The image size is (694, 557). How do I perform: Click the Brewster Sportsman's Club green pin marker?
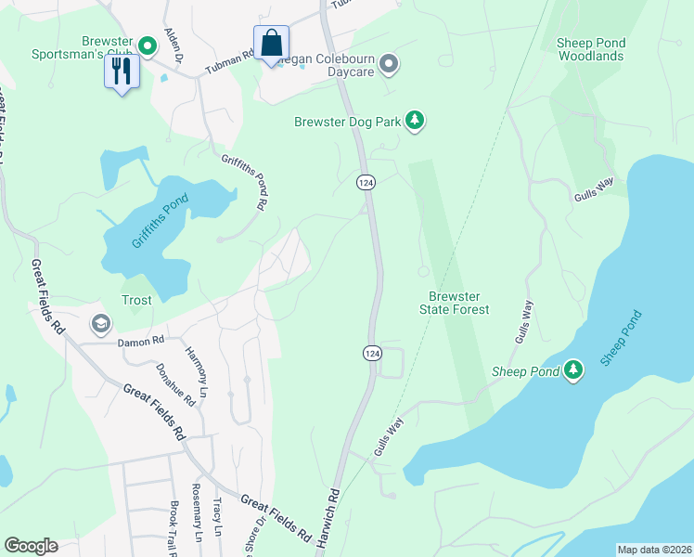coord(147,45)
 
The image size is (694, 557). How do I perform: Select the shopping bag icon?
coord(271,43)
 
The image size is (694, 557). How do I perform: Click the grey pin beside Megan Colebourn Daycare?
coord(389,64)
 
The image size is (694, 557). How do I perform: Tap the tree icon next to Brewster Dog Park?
coord(415,121)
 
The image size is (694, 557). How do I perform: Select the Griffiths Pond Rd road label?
coord(245,180)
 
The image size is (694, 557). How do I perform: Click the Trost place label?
coord(136,301)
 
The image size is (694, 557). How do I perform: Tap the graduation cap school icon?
coord(100,324)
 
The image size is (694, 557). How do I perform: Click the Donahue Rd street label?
coord(175,384)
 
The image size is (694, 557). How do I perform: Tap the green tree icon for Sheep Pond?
coord(573,371)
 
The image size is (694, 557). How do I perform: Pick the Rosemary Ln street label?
coord(197,525)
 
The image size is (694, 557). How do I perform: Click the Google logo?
coord(31,546)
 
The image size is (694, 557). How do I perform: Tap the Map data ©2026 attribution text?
coord(652,550)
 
